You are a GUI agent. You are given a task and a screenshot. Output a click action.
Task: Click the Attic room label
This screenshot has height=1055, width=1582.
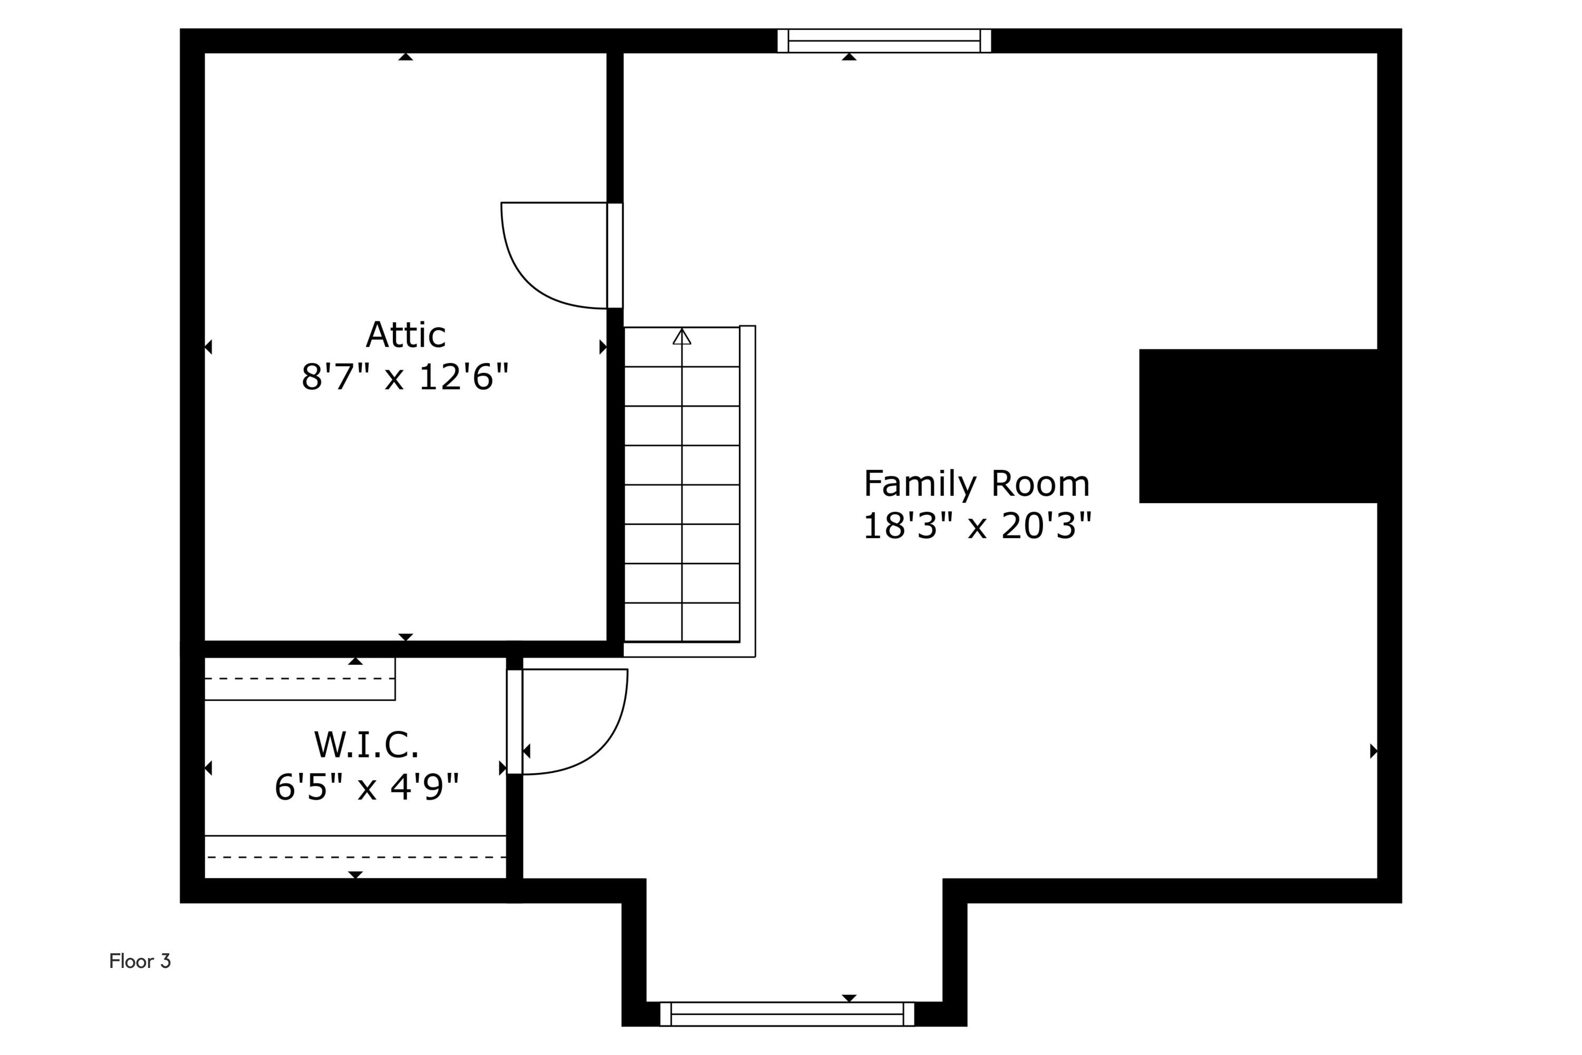406,334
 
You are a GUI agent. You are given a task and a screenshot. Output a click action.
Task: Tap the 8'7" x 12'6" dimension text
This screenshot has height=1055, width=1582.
405,377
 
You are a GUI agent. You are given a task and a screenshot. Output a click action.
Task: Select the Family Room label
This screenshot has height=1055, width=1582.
976,484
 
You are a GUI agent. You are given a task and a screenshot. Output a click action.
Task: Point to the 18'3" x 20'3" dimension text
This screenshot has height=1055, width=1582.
976,525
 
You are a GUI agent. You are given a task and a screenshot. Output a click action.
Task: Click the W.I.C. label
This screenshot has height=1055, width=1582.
366,744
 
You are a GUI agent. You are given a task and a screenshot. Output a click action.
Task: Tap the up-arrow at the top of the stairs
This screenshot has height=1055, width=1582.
682,337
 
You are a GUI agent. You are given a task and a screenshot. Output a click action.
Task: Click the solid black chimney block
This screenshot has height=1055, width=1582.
1258,426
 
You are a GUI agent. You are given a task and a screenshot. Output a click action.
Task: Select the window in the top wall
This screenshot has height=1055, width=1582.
884,41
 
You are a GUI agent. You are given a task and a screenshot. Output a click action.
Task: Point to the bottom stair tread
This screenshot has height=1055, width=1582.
682,622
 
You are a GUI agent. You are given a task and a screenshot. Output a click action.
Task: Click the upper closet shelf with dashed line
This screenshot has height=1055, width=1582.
300,679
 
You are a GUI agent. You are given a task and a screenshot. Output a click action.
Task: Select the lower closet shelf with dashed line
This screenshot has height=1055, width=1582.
355,857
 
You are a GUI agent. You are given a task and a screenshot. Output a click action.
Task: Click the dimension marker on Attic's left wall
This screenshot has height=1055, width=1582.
208,347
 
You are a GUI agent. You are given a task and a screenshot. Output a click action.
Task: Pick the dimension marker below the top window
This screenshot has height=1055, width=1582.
849,57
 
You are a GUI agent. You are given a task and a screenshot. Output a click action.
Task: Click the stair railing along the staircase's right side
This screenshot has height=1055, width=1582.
748,484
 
